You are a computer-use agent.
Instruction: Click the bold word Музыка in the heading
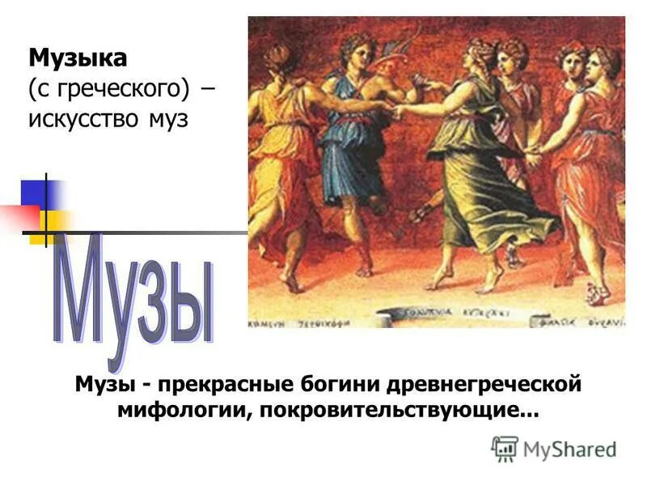pos(78,58)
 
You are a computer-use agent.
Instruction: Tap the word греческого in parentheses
pos(121,88)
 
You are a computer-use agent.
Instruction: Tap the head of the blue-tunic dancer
pos(356,53)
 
